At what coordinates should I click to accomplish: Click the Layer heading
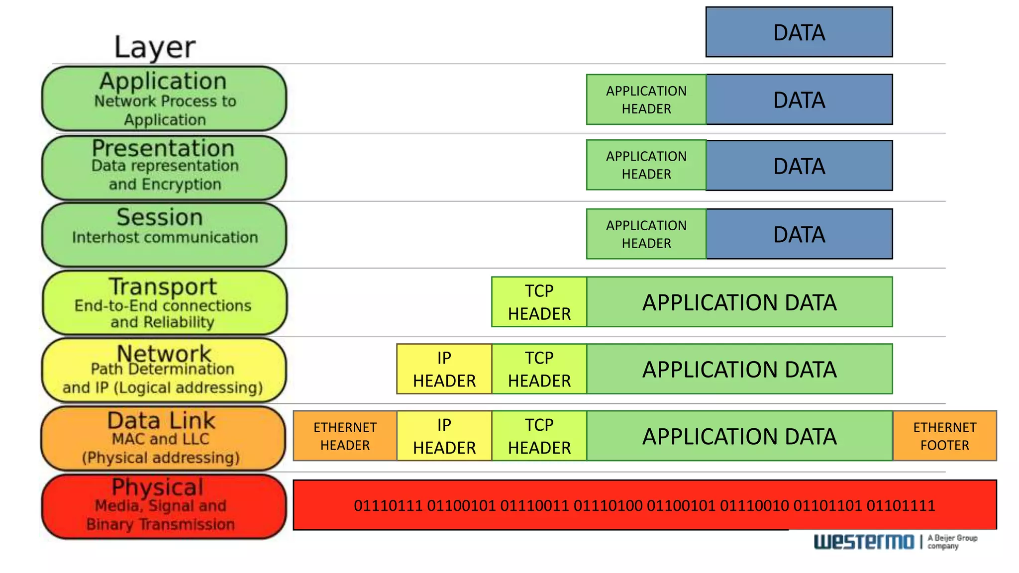tap(155, 48)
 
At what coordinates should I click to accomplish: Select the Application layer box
tap(164, 99)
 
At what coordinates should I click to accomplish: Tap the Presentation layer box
tap(164, 167)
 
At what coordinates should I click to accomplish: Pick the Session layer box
tap(164, 234)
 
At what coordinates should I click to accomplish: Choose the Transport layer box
tap(164, 302)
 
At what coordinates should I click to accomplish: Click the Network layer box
tap(164, 370)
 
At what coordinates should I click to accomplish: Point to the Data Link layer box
tap(163, 438)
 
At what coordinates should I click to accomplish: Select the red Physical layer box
tap(163, 506)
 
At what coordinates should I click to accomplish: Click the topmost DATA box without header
tap(799, 32)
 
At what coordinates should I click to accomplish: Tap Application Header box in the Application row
tap(646, 99)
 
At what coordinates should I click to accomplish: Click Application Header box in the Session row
tap(646, 234)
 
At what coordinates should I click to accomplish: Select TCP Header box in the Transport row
tap(539, 302)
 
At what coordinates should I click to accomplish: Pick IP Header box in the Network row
tap(444, 369)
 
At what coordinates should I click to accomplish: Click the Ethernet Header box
tap(345, 436)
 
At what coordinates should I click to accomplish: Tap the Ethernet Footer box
tap(944, 436)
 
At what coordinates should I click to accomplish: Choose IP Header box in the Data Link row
tap(444, 436)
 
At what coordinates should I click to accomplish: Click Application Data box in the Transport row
tap(739, 302)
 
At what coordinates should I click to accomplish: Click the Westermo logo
tap(864, 542)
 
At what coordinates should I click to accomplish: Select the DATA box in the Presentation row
tap(799, 166)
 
